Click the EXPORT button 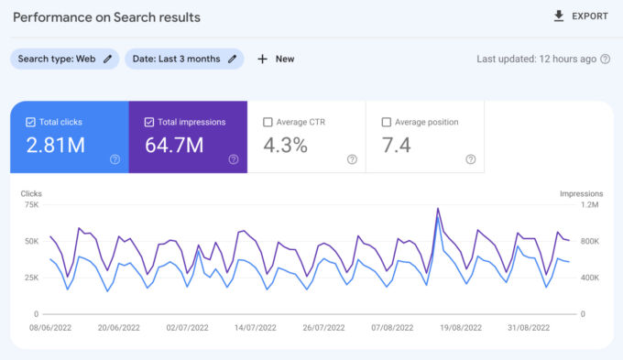click(x=581, y=16)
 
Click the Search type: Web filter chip click(x=64, y=59)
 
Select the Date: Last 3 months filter click(x=183, y=59)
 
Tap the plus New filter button click(x=276, y=59)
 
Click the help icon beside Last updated click(x=605, y=59)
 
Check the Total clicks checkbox click(x=31, y=122)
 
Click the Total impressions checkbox click(x=149, y=122)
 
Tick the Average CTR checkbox click(x=268, y=122)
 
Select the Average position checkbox click(x=386, y=122)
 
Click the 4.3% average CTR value click(x=285, y=145)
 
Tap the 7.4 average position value click(x=398, y=145)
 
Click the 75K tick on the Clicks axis click(x=30, y=205)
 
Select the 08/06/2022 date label click(x=51, y=325)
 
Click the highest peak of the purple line click(x=438, y=209)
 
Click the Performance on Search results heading click(x=105, y=17)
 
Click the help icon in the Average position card click(x=470, y=159)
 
